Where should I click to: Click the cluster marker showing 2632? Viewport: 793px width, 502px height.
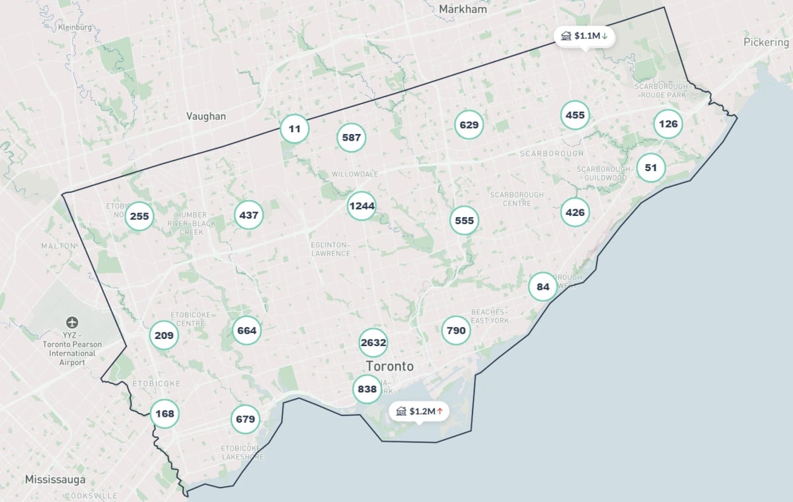point(373,343)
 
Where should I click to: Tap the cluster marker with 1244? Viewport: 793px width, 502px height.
point(361,206)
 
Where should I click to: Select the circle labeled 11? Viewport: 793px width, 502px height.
point(295,129)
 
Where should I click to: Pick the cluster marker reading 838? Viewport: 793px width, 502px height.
point(367,389)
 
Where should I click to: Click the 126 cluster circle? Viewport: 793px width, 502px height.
point(668,124)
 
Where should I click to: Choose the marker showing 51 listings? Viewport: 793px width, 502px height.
point(651,168)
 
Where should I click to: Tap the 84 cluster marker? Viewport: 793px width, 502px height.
point(543,287)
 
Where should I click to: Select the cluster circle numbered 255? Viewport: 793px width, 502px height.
point(139,216)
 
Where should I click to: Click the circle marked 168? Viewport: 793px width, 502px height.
point(165,414)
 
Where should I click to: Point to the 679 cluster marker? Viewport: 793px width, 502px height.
point(245,419)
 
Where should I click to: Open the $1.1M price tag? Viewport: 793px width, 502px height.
point(584,36)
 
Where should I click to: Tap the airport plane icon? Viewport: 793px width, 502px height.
point(72,323)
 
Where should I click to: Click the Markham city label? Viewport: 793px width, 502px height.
point(463,9)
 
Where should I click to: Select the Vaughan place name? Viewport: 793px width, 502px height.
point(206,116)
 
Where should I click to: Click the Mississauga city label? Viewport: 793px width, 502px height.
point(55,479)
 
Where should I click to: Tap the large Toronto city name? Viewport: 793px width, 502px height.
point(390,367)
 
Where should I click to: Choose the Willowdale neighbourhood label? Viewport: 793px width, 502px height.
point(355,174)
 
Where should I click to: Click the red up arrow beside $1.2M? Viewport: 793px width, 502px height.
point(439,412)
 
